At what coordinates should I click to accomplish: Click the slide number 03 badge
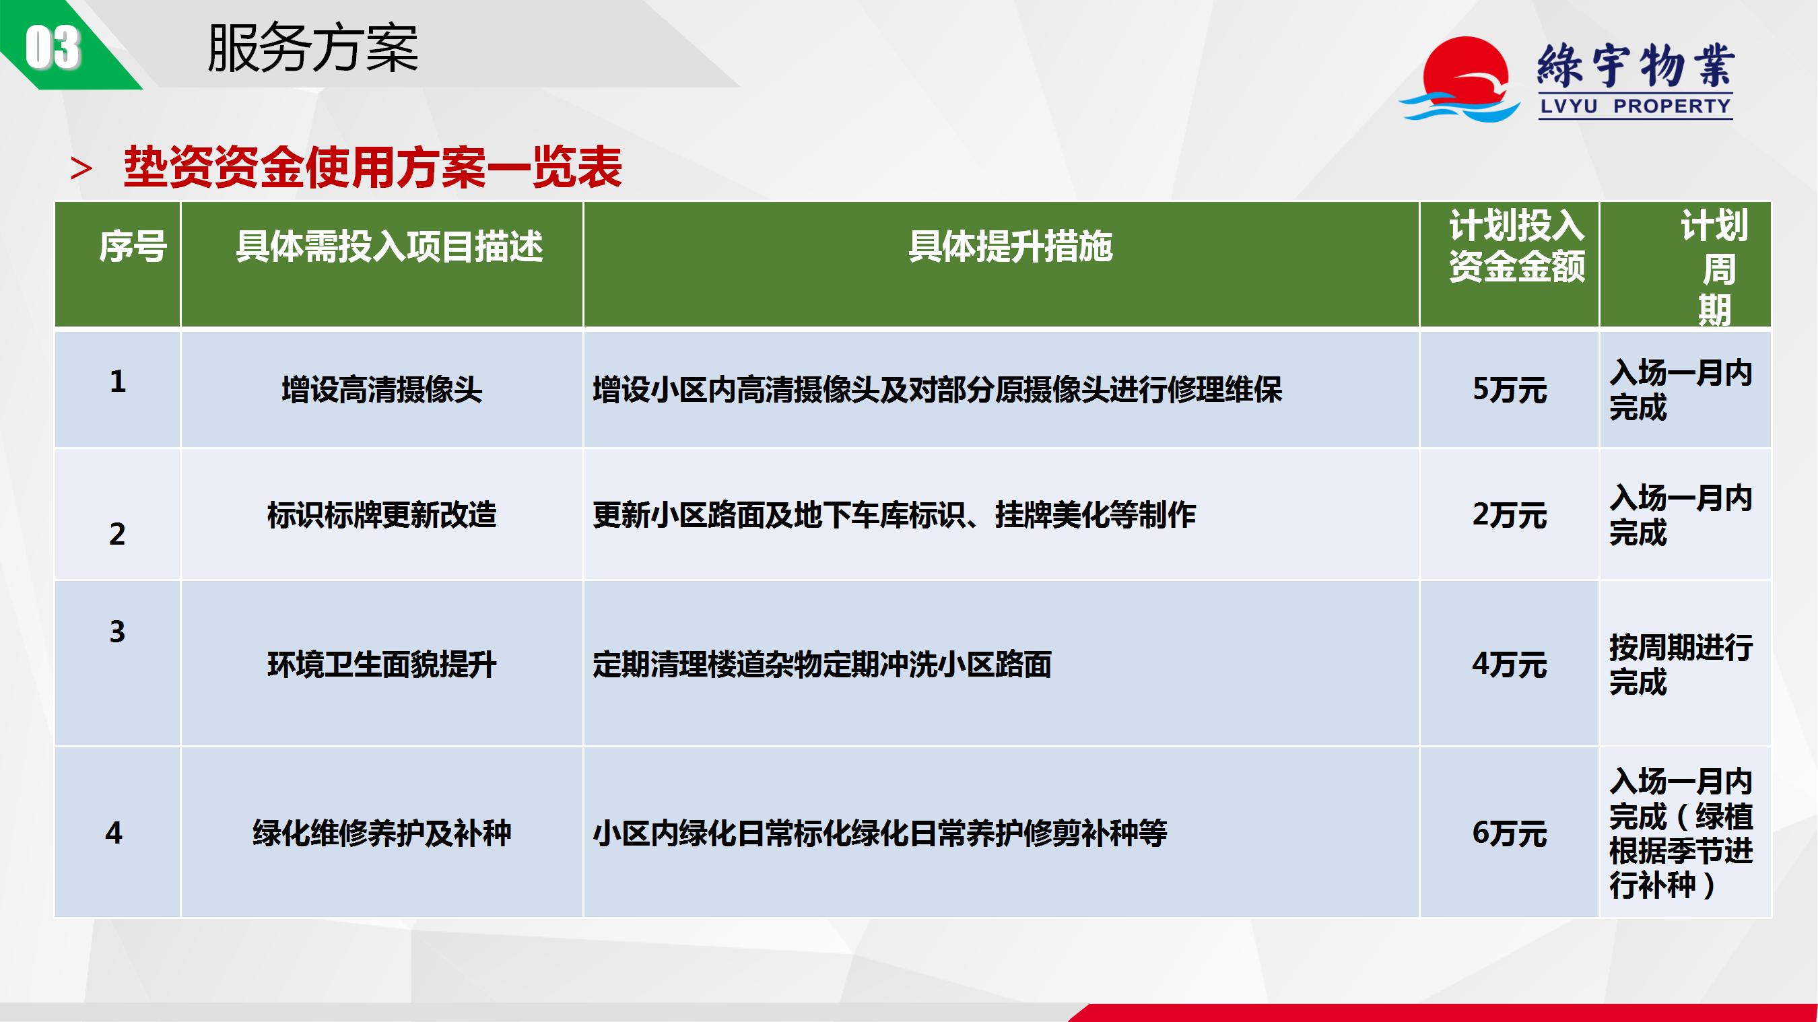point(53,47)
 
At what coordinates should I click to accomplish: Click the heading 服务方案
point(313,48)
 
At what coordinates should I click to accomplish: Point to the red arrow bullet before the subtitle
point(81,169)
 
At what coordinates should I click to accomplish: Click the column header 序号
point(133,246)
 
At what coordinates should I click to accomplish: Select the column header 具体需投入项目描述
point(389,246)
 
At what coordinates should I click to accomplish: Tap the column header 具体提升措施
point(1010,246)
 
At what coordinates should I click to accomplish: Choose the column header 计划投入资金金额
point(1516,246)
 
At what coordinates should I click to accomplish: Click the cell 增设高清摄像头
point(382,390)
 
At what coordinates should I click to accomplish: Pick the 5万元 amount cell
point(1510,390)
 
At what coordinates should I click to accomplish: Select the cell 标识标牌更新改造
point(382,514)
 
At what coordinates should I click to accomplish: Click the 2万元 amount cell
point(1510,514)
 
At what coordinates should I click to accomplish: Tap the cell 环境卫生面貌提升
point(382,664)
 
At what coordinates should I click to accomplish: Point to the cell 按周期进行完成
point(1681,664)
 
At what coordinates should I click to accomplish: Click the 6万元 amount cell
point(1510,833)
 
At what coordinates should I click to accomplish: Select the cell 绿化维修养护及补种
point(382,833)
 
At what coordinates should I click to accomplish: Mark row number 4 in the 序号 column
point(114,833)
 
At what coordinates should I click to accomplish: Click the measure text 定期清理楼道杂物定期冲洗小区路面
point(822,664)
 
